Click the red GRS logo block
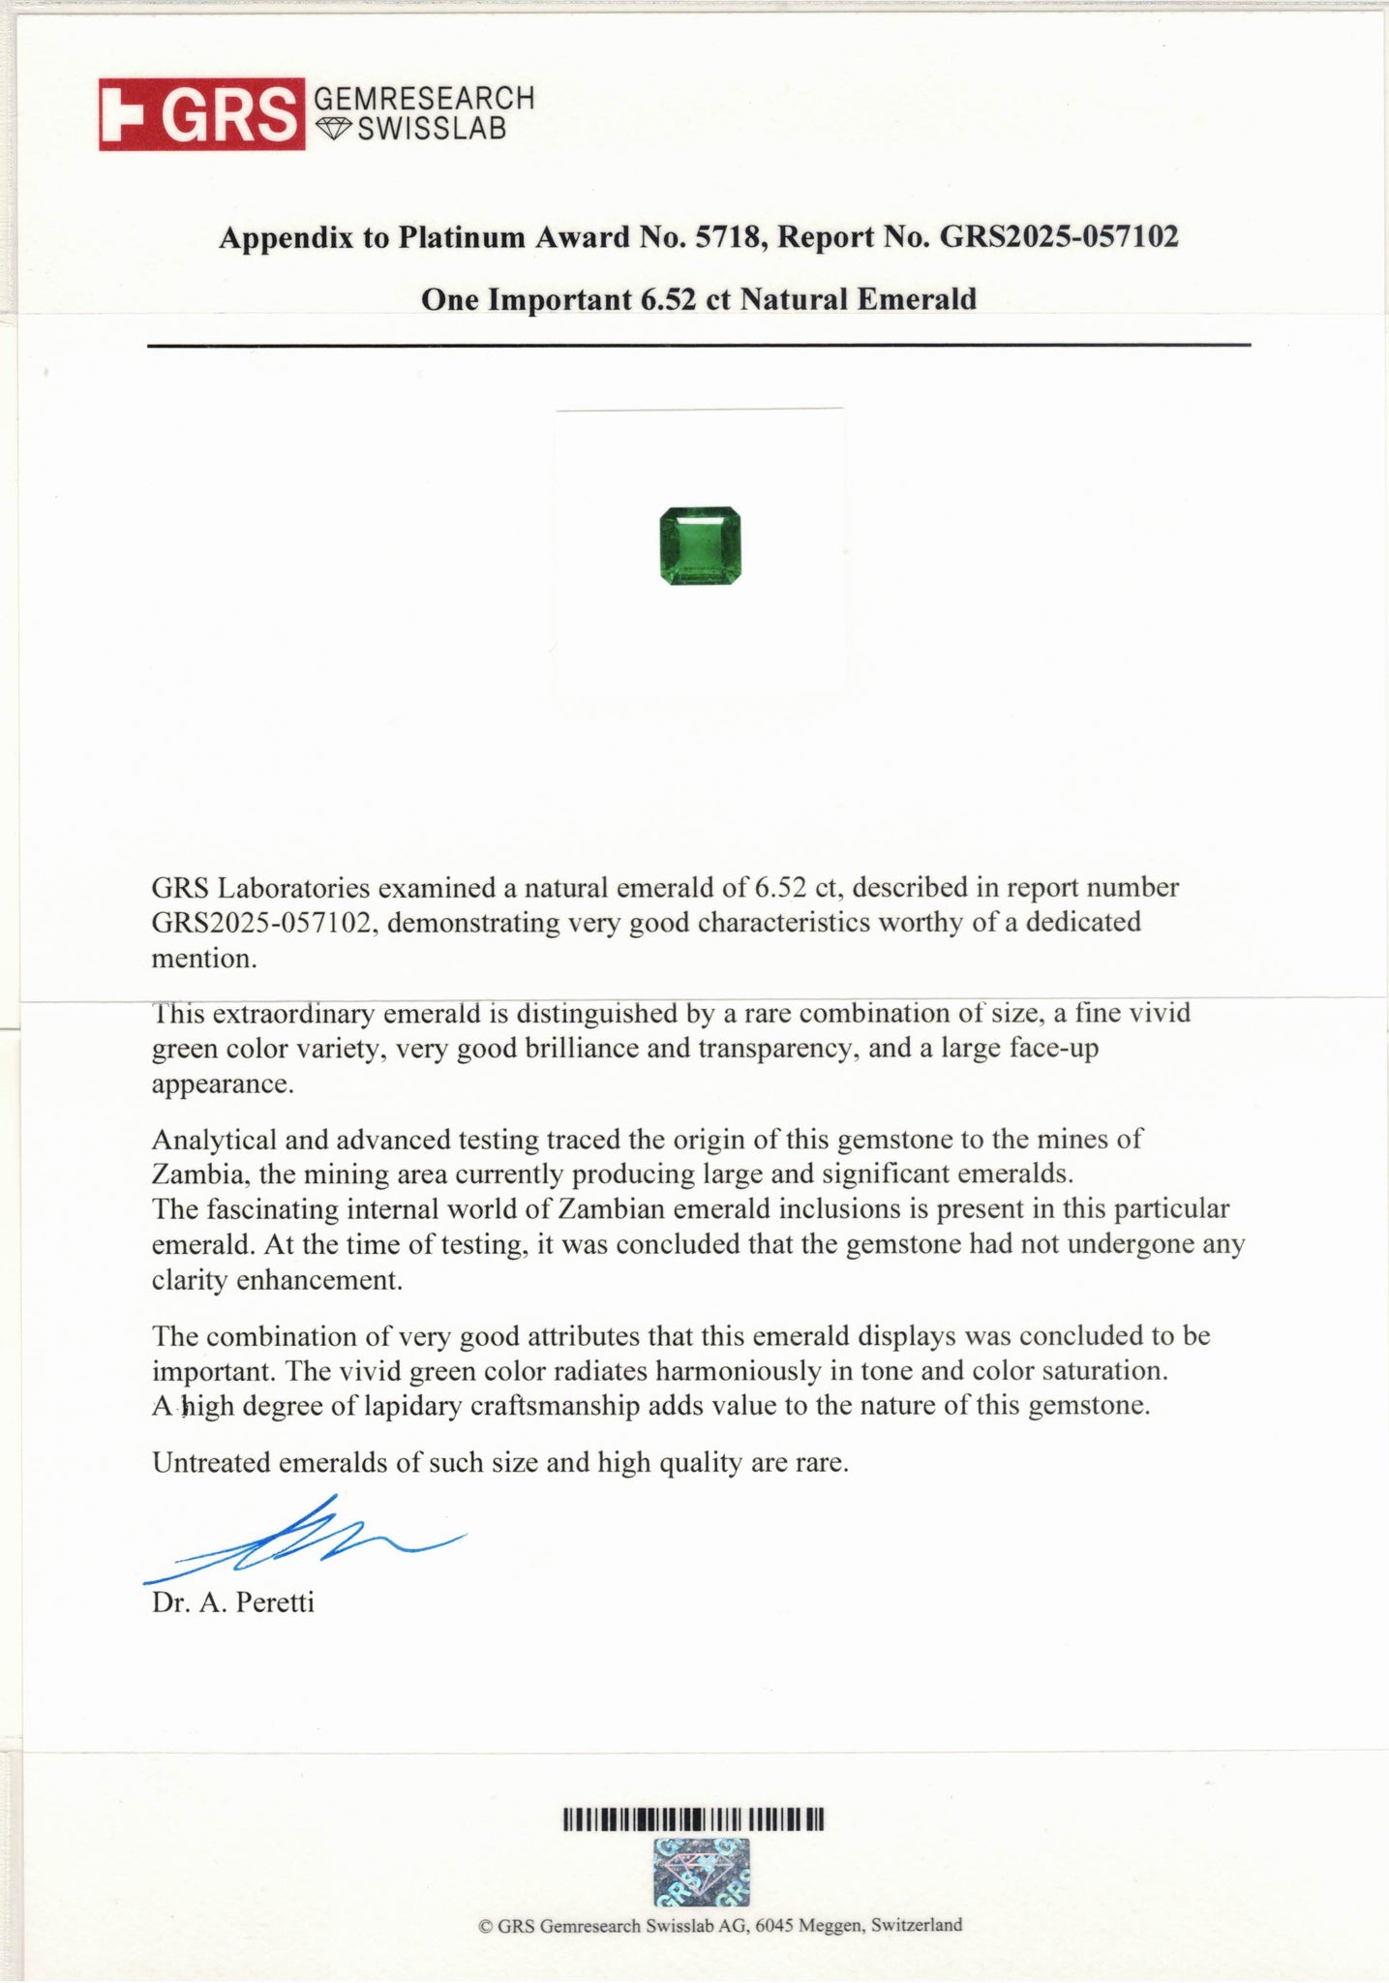(x=201, y=114)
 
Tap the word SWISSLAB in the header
(x=432, y=129)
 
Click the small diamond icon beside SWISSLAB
(x=335, y=128)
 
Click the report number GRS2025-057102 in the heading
(x=1059, y=237)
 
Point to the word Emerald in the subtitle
(x=917, y=299)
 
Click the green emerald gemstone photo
(x=700, y=546)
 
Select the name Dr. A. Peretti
(x=233, y=1602)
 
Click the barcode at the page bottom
(x=693, y=1820)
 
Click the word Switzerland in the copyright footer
(x=916, y=1925)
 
